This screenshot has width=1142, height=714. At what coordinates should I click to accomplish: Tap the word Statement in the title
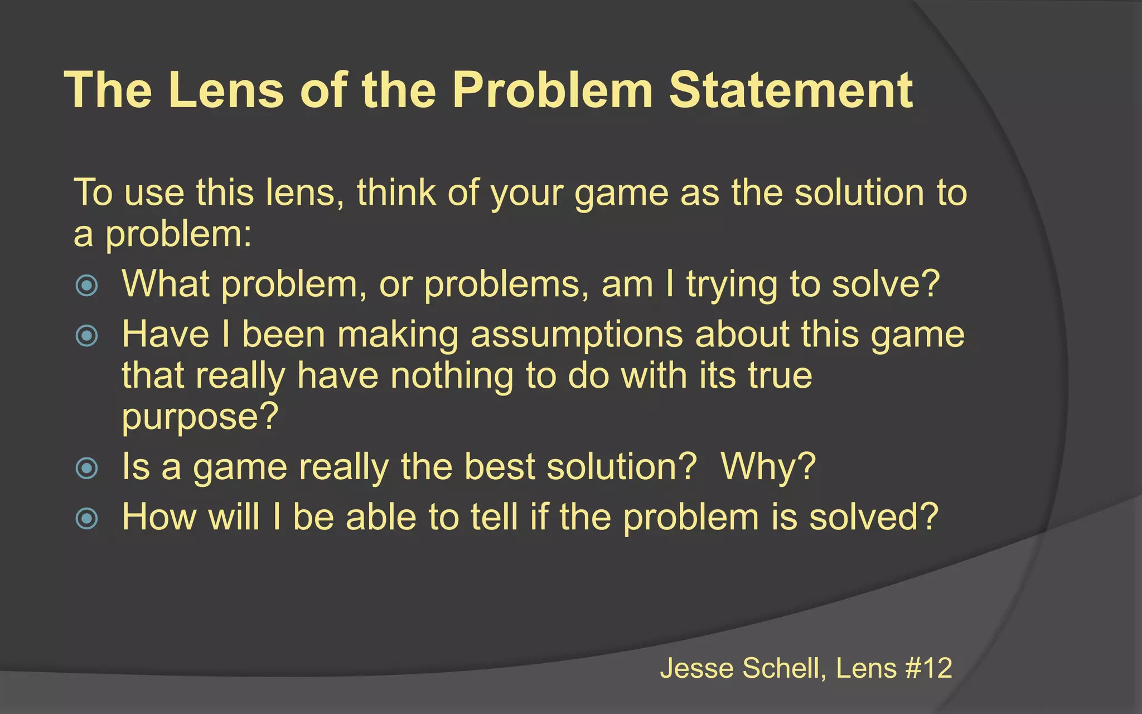[791, 90]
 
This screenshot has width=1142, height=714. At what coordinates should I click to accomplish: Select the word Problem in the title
[552, 90]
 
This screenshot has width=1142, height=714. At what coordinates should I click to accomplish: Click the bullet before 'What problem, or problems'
[86, 286]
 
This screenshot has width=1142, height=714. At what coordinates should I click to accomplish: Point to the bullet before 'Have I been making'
[86, 335]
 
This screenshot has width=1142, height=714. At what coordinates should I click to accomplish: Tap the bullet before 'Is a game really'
[86, 467]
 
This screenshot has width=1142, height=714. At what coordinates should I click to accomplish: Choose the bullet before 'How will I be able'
[86, 518]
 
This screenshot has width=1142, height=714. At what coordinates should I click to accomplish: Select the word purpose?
[200, 417]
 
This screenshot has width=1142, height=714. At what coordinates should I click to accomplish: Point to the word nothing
[452, 375]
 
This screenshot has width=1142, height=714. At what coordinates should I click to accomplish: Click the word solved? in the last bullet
[874, 517]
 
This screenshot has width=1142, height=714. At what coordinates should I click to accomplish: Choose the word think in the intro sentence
[396, 192]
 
